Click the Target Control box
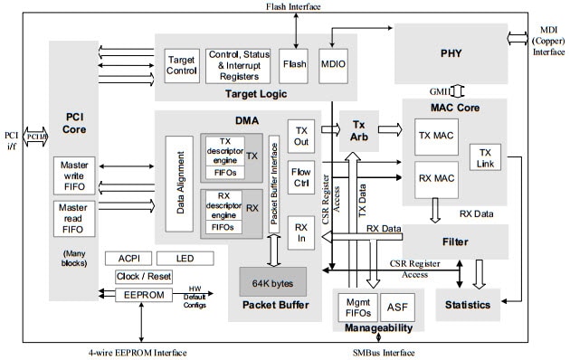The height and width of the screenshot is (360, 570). click(x=181, y=66)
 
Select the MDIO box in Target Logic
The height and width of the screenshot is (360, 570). click(x=333, y=66)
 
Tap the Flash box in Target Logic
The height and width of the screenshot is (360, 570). click(x=293, y=66)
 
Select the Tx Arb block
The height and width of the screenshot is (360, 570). click(x=357, y=130)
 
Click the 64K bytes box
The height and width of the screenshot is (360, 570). click(x=272, y=281)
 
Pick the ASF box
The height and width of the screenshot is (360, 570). click(x=395, y=307)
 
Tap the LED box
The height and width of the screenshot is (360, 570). click(x=185, y=259)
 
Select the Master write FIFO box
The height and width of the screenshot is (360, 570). click(x=72, y=176)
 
